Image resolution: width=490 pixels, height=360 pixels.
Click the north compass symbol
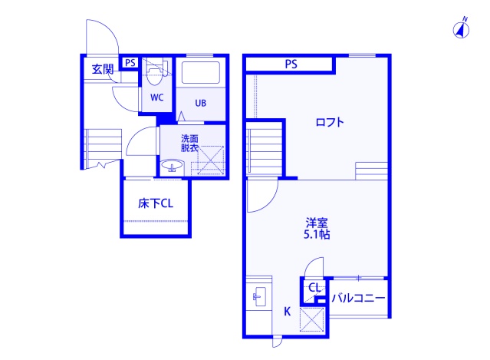pos(462,30)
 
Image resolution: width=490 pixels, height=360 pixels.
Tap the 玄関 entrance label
pos(102,69)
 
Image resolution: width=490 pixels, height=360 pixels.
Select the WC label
pos(156,97)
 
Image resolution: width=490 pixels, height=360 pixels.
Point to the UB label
pos(200,103)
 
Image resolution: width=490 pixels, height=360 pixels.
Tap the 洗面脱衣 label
pos(189,143)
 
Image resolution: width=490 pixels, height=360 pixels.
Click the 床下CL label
pos(156,203)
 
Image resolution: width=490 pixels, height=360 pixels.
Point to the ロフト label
pos(330,122)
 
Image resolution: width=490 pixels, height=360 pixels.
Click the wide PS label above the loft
pos(291,64)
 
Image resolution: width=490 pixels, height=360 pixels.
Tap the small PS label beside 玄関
pos(130,63)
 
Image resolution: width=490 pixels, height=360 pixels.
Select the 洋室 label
pos(316,223)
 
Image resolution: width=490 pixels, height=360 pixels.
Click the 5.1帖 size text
pos(316,235)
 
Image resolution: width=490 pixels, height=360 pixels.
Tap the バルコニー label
pos(357,298)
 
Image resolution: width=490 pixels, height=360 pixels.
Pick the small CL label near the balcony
pos(314,288)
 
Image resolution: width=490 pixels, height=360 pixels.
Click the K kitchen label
pos(287,311)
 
